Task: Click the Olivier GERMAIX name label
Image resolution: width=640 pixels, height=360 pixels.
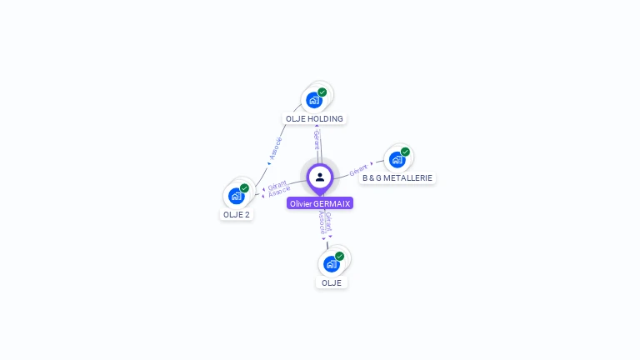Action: (x=320, y=203)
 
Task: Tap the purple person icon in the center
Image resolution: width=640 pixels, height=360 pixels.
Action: (x=320, y=177)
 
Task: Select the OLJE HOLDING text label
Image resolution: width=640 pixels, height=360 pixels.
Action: (x=314, y=118)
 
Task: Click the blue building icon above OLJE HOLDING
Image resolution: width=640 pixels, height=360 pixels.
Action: (x=313, y=100)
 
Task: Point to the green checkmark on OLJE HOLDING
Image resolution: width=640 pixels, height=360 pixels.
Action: (x=322, y=92)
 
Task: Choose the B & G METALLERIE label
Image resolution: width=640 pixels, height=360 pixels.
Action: (x=397, y=177)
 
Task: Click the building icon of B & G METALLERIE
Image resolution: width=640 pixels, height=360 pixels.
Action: (x=396, y=159)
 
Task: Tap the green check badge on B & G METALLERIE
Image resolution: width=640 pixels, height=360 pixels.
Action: (x=405, y=152)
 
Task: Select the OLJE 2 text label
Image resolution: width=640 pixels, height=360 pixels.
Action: (x=237, y=214)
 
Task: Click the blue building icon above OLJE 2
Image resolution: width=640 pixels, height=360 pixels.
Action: (x=236, y=196)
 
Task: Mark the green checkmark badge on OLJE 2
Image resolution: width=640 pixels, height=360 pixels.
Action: (x=244, y=187)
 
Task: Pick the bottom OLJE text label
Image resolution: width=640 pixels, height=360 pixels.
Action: (x=332, y=282)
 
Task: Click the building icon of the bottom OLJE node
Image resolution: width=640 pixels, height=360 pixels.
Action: (x=331, y=264)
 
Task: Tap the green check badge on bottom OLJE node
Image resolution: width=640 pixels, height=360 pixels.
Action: (x=339, y=256)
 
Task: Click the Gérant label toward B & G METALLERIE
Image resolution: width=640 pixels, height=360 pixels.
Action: (x=358, y=169)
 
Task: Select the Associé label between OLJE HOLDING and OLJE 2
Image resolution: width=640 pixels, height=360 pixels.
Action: (x=275, y=147)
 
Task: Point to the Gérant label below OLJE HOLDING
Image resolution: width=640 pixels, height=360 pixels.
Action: (x=317, y=139)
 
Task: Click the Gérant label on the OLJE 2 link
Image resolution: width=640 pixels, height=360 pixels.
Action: (x=277, y=184)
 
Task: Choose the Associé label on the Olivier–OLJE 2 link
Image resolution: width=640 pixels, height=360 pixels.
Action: (x=280, y=192)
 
